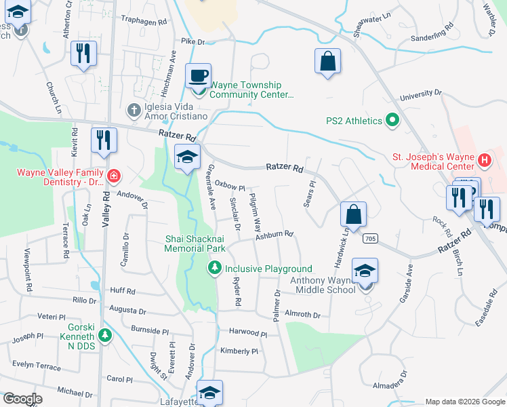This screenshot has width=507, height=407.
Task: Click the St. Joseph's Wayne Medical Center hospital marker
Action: click(485, 161)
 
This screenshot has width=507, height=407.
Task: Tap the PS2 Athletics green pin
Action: click(392, 121)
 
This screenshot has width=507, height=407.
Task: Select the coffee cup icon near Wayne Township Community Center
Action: click(199, 75)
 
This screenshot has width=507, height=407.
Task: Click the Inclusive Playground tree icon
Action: click(215, 269)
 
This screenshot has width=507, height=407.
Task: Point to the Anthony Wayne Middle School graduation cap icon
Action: click(365, 271)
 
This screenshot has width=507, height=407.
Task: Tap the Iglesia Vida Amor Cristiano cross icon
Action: click(134, 109)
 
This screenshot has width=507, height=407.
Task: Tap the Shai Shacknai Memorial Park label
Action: click(195, 243)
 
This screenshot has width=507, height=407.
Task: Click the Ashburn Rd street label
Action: click(274, 235)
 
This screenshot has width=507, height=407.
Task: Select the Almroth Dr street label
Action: click(302, 315)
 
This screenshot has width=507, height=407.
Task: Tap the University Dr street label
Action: click(420, 96)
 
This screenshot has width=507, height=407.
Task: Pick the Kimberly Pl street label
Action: click(239, 351)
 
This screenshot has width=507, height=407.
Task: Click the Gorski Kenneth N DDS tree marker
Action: click(104, 334)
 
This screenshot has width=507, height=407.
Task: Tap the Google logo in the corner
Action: click(22, 399)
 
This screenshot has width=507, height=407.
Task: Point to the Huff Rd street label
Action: click(123, 290)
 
